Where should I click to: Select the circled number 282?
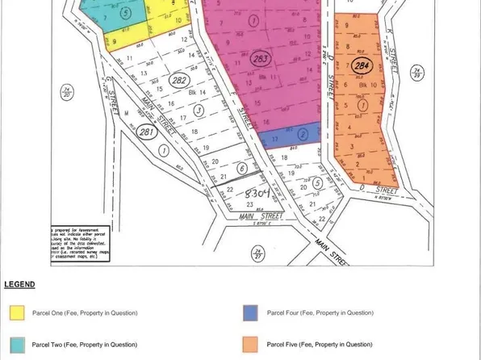tap(181, 79)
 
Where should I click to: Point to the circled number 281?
tap(146, 132)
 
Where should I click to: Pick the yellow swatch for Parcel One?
tap(18, 312)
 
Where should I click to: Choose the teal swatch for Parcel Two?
tap(18, 345)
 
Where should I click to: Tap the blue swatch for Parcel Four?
tap(251, 312)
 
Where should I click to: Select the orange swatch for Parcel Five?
tap(251, 345)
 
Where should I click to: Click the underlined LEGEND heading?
tap(19, 285)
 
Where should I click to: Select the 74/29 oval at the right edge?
tap(416, 73)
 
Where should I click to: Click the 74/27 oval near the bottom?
tap(258, 254)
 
